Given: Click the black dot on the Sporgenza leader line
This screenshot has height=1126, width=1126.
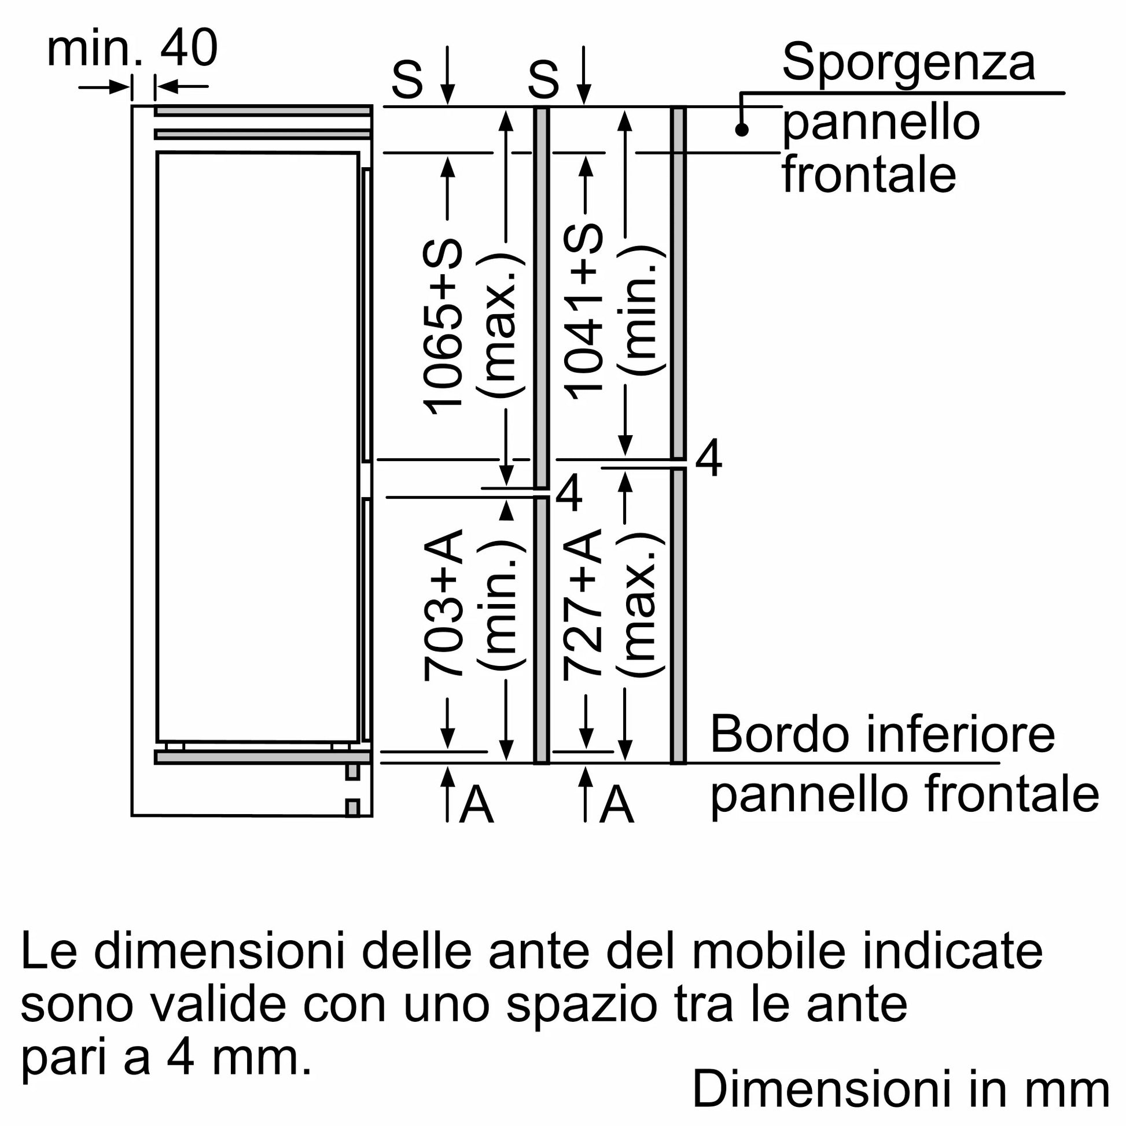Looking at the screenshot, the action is coord(741,130).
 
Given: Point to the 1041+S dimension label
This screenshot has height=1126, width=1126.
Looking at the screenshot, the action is coord(583,311).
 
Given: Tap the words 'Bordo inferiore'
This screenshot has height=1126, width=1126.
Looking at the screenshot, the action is coord(882,734).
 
